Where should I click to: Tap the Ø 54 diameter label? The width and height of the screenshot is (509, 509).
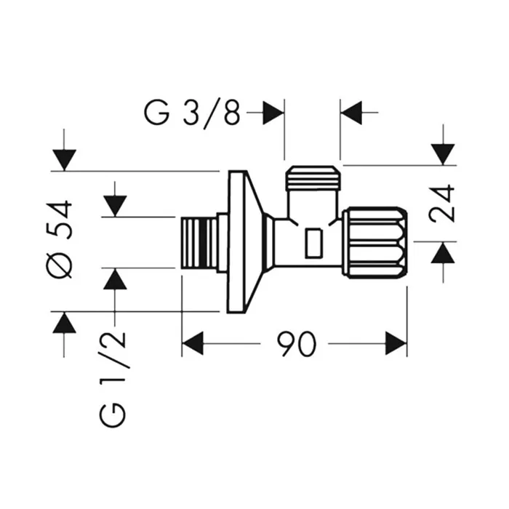coord(63,239)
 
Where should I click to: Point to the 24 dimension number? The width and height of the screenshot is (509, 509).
coord(443,203)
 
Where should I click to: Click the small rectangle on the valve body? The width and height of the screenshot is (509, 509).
coord(314,243)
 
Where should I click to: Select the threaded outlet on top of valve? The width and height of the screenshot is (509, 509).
coord(313,179)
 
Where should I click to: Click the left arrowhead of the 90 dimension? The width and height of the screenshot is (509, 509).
coord(192,343)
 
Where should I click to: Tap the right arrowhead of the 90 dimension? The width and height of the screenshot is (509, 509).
coord(396,343)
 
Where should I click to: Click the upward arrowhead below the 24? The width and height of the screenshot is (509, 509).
coord(443,252)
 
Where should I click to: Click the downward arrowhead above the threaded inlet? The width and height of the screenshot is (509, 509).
coord(115,206)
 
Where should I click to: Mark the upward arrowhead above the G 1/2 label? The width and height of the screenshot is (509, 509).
coord(115,279)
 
